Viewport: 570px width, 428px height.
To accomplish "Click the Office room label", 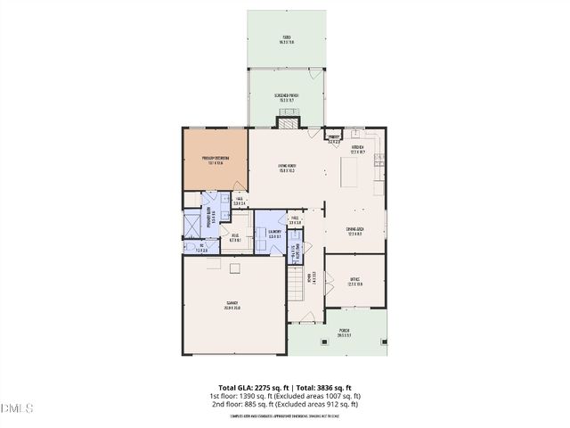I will point(354,281).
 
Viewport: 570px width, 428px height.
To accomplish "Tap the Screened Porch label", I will point(287,98).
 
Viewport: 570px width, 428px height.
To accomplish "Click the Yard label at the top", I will point(286,40).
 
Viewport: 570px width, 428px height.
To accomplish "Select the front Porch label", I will point(344,333).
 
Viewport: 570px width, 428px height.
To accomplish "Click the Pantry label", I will point(334,139).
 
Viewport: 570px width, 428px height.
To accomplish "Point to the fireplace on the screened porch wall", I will point(287,122).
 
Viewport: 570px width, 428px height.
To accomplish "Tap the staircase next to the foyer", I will point(296,284).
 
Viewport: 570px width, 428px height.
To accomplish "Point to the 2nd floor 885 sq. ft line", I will point(285,404).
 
